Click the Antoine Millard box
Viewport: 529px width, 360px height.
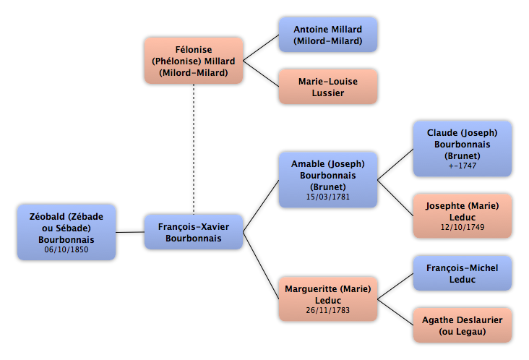tap(328, 35)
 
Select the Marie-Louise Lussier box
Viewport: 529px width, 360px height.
tap(328, 87)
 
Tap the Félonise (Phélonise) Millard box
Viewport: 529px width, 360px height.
tap(194, 61)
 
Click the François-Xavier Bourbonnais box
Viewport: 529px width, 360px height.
tap(194, 232)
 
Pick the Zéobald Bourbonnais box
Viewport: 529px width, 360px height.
tap(66, 232)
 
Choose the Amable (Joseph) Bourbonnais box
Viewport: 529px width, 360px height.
tap(328, 180)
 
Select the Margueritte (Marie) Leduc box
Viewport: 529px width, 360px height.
tap(328, 299)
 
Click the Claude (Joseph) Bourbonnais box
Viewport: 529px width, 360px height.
tap(463, 149)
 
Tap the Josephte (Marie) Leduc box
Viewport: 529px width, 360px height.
tap(463, 216)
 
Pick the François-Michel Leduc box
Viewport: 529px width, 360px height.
tap(463, 273)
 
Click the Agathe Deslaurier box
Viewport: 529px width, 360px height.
tap(463, 325)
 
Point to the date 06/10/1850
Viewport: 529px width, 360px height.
tap(66, 249)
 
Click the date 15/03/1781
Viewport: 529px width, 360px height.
tap(328, 197)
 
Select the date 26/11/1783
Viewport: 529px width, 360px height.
tap(328, 310)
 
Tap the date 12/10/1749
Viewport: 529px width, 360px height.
tap(463, 228)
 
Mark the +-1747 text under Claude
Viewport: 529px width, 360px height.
tap(463, 166)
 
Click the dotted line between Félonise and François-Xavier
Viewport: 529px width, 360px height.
tap(194, 149)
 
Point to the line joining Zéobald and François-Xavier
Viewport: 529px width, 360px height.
tap(130, 232)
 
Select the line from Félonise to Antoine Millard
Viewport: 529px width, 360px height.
tap(261, 48)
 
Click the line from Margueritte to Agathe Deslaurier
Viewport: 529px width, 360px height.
tap(395, 312)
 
